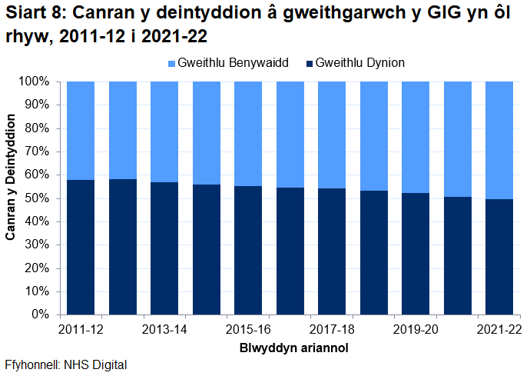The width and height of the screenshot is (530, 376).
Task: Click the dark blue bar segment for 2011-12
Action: click(81, 247)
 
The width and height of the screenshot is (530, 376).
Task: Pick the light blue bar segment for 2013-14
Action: click(164, 131)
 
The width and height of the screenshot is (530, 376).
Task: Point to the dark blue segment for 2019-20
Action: click(416, 254)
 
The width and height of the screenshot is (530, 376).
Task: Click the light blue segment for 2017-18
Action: click(332, 135)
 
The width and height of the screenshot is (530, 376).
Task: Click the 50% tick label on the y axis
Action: click(37, 198)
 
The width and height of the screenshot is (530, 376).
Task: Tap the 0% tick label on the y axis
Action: click(40, 315)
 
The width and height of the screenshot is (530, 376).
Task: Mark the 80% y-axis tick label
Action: click(37, 128)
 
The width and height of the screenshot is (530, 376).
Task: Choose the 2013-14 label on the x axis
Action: click(164, 329)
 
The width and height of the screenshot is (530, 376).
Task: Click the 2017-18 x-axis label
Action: click(332, 329)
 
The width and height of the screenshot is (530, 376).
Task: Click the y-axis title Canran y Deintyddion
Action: click(11, 177)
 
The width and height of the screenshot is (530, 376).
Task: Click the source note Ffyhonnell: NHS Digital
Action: click(65, 365)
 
